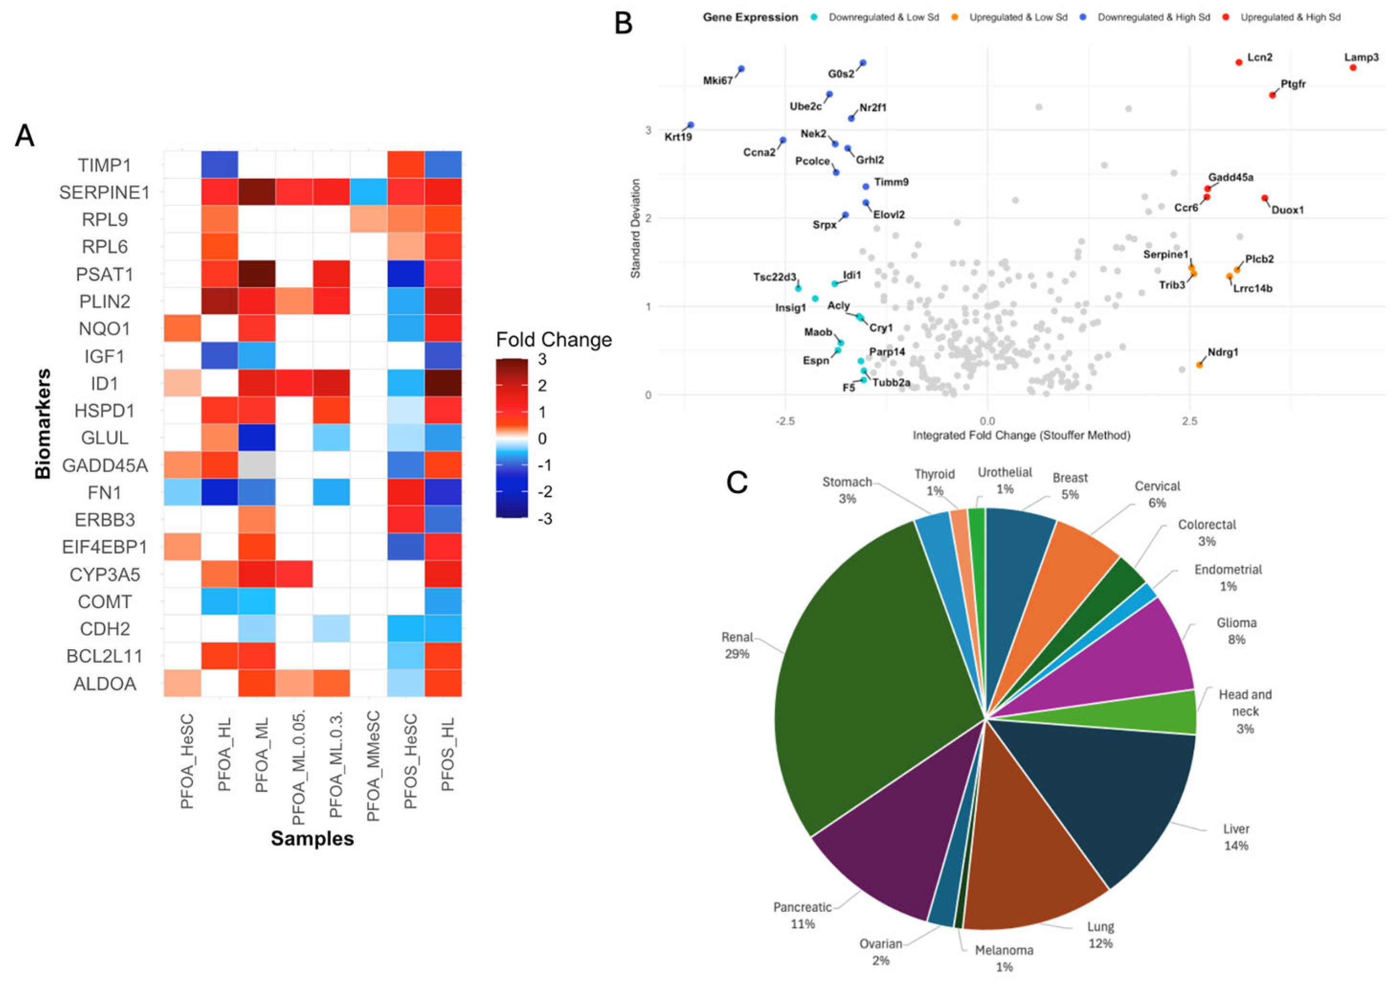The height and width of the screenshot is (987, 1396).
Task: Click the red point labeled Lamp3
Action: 1353,67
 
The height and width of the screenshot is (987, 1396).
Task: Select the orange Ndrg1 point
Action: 1199,365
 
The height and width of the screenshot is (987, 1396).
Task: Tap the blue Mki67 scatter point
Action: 741,69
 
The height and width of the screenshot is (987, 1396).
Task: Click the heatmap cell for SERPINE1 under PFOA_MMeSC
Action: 368,192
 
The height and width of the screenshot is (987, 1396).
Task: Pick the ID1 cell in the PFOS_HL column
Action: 443,383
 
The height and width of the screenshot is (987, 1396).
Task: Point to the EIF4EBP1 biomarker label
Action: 105,547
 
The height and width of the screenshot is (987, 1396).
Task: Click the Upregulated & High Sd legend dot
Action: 1226,18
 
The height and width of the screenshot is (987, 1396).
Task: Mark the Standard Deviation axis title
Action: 635,228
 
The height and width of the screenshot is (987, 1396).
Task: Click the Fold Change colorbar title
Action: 554,339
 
